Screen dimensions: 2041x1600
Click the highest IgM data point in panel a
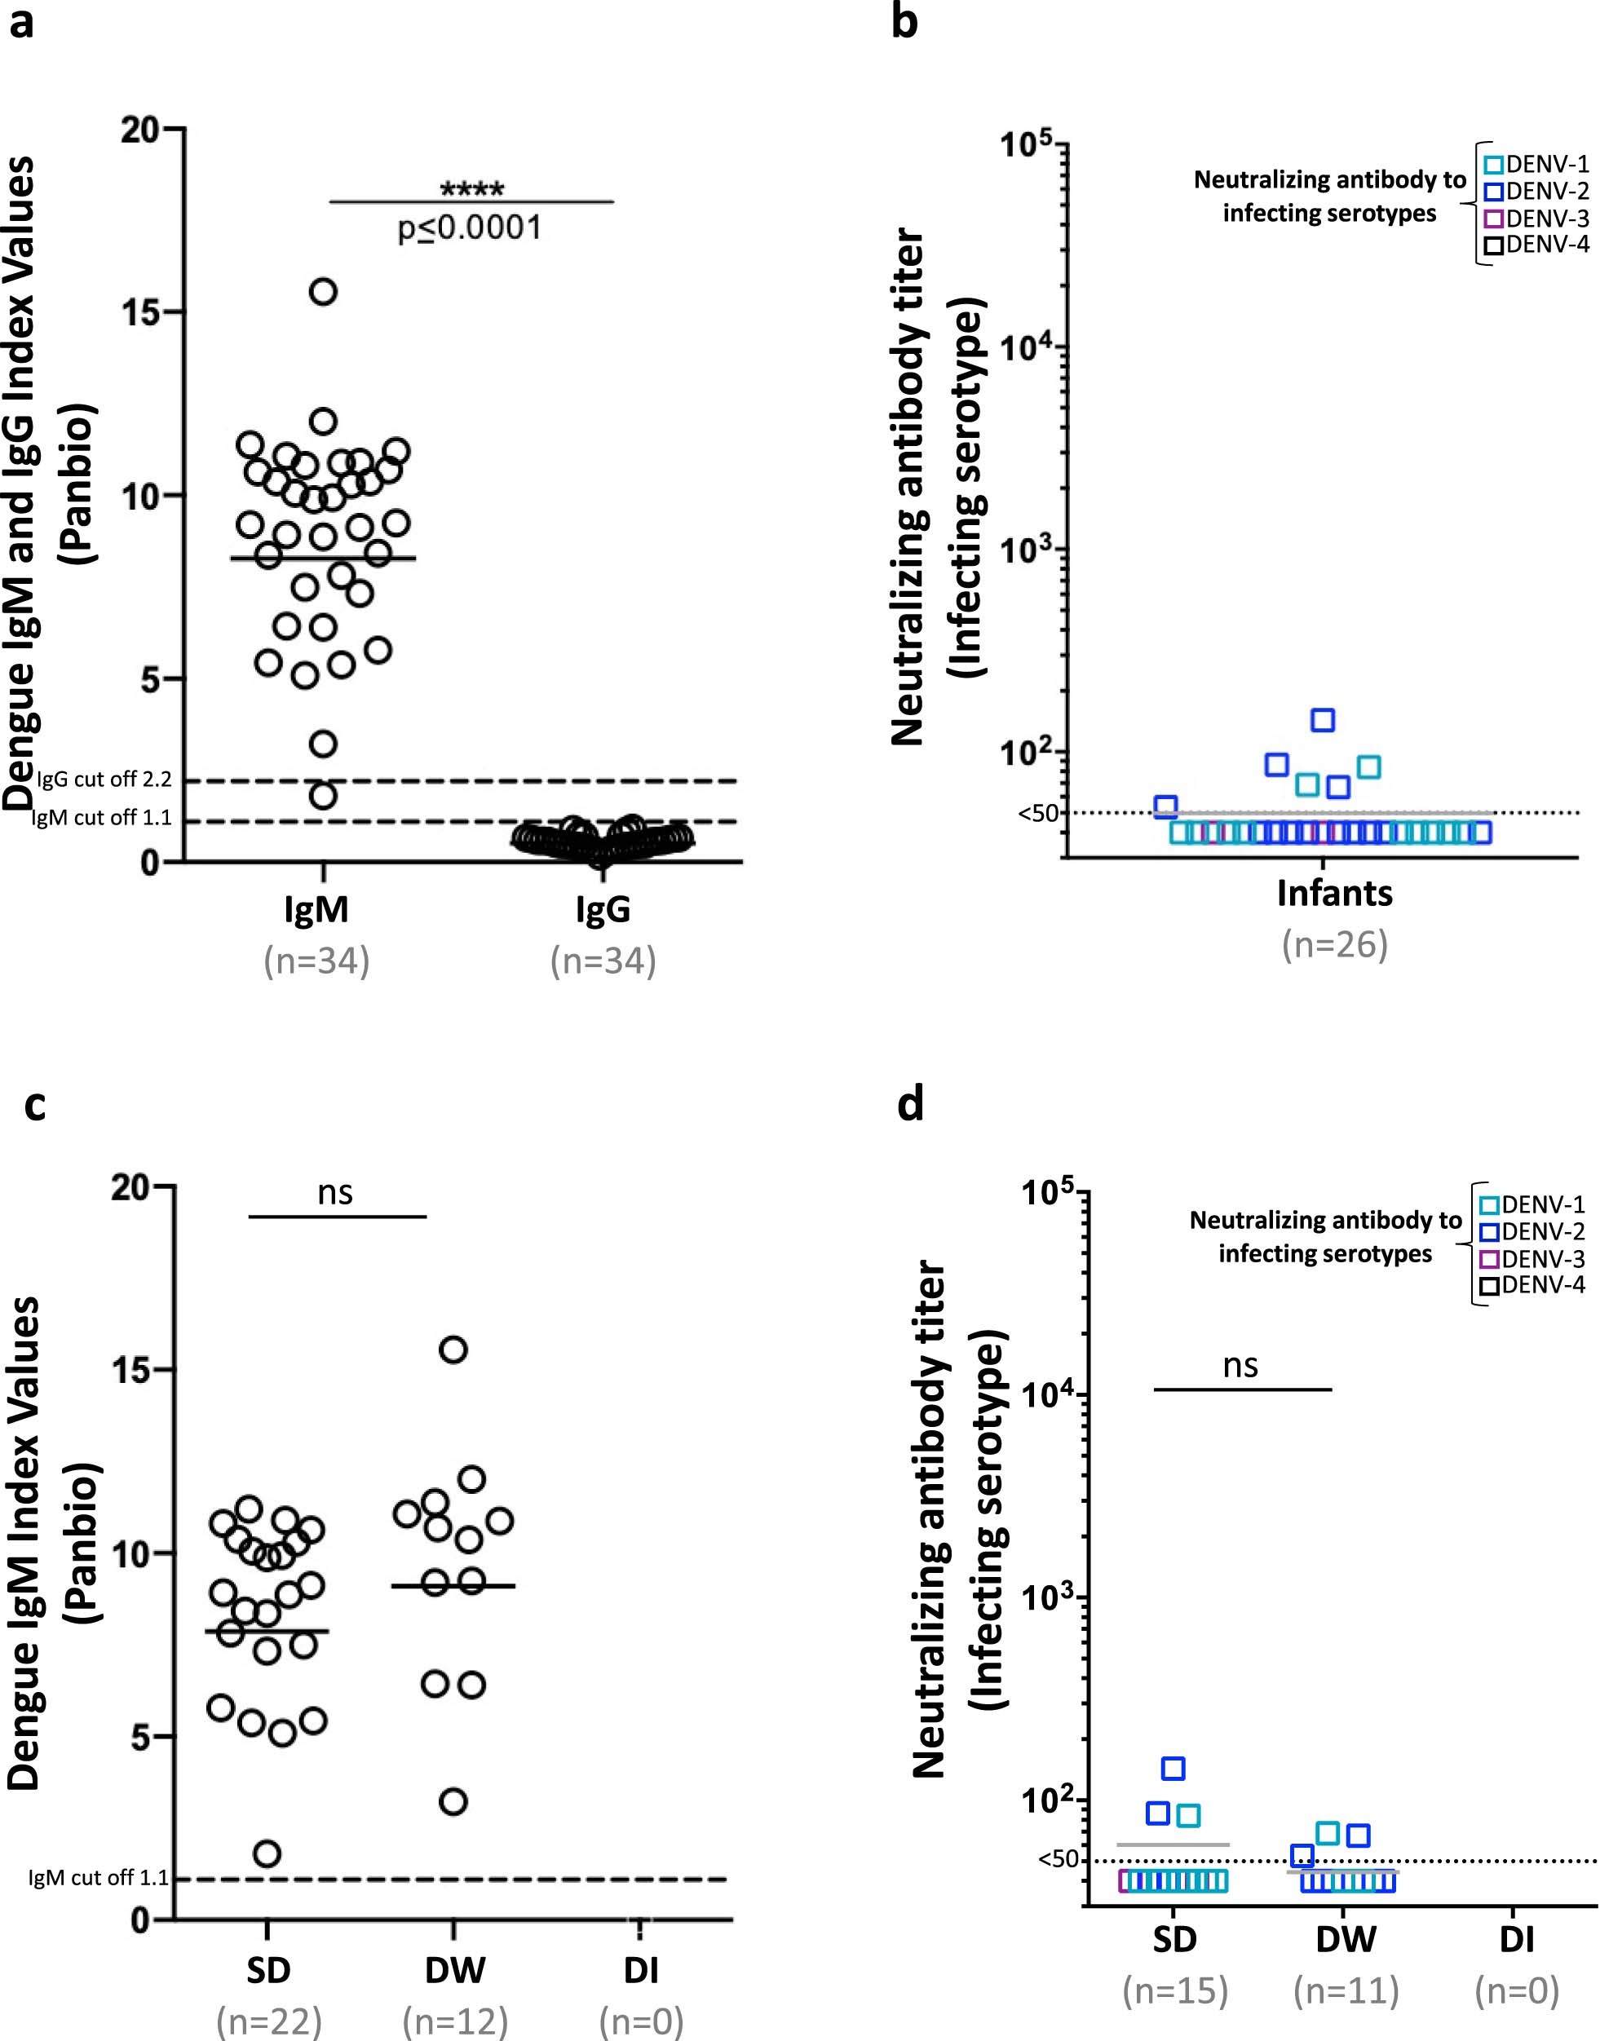click(x=323, y=291)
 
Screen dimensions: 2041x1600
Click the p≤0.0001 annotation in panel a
click(x=471, y=228)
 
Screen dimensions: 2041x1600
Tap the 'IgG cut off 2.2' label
click(x=104, y=780)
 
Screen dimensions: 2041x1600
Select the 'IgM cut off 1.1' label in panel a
click(x=101, y=818)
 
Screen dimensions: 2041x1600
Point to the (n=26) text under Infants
click(x=1334, y=944)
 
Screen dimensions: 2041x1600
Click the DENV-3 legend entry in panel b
click(x=1536, y=219)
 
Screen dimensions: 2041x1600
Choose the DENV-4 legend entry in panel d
click(x=1532, y=1285)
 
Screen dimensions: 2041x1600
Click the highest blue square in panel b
click(x=1323, y=720)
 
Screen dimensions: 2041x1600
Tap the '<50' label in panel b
click(x=1038, y=813)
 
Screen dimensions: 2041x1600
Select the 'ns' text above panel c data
click(x=335, y=1192)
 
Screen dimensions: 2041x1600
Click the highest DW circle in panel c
click(x=453, y=1350)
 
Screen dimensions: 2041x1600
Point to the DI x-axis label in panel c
click(x=641, y=1971)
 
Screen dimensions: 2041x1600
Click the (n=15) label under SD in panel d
click(x=1174, y=1990)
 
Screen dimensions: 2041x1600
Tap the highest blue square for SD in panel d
click(x=1173, y=1769)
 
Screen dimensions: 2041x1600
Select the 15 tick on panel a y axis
click(x=140, y=312)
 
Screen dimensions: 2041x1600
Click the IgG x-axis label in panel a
click(x=603, y=908)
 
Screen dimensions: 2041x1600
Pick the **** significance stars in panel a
click(x=472, y=189)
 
